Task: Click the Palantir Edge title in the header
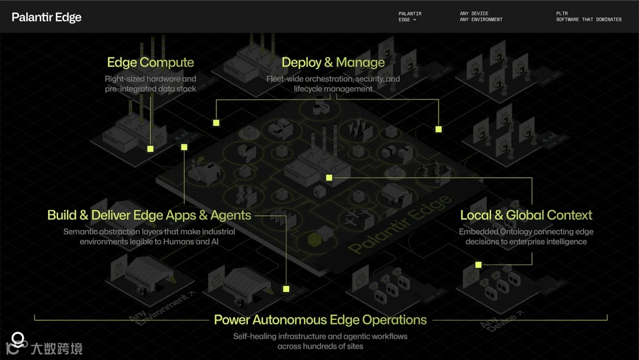tap(47, 17)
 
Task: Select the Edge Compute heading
tap(150, 62)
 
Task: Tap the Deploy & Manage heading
tap(333, 62)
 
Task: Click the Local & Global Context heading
tap(526, 215)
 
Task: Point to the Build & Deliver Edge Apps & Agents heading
tap(149, 216)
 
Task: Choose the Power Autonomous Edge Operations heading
tap(320, 320)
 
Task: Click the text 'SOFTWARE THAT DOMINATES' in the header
tap(589, 20)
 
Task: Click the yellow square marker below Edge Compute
tap(150, 149)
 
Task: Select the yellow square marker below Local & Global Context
tap(478, 265)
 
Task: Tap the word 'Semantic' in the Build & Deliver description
tap(82, 232)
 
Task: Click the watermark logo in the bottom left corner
tap(18, 341)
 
